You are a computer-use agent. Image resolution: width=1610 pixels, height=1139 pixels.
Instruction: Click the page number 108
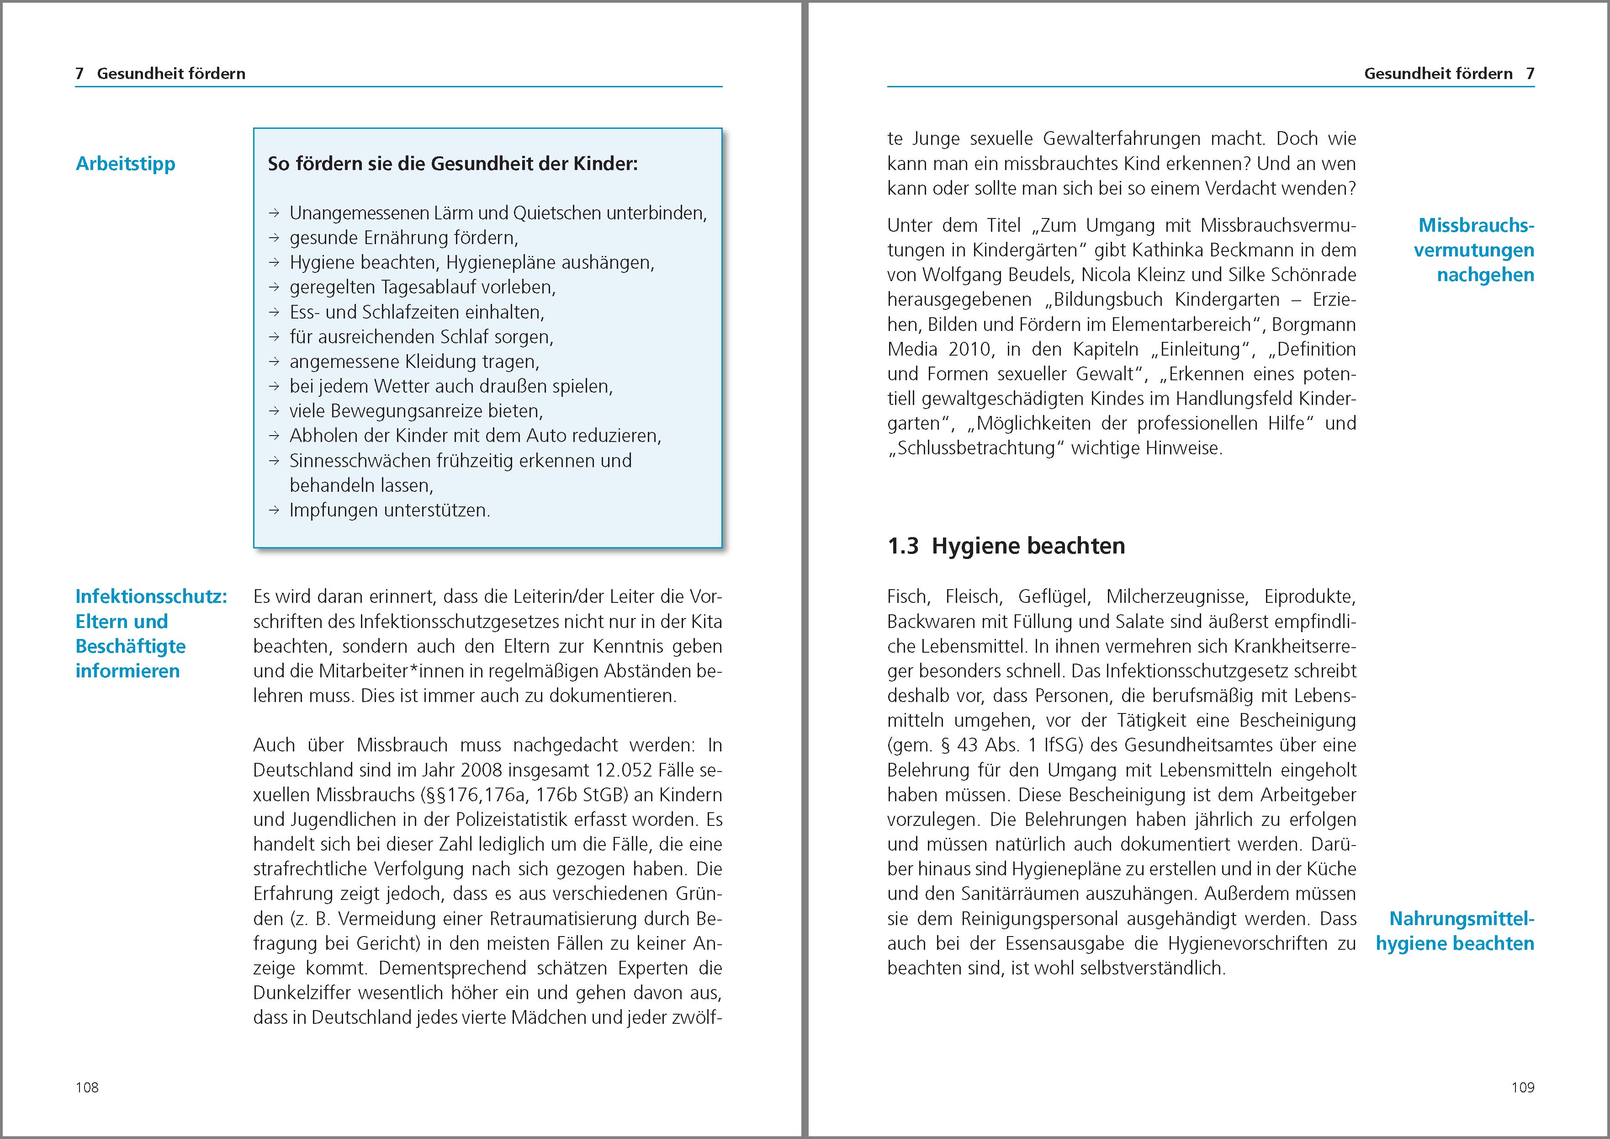tap(87, 1087)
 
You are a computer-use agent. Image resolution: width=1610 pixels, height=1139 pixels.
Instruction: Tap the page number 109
tap(1522, 1087)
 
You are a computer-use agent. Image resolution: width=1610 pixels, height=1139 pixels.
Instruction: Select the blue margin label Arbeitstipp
tap(126, 164)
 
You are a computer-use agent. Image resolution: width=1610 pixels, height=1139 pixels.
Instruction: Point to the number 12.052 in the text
tap(620, 770)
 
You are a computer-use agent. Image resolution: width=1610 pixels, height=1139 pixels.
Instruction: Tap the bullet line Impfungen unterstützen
tap(389, 510)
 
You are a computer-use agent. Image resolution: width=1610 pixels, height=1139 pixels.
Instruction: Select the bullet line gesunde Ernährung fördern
tap(403, 238)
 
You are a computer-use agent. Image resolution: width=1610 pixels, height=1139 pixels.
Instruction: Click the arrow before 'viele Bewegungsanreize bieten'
tap(274, 411)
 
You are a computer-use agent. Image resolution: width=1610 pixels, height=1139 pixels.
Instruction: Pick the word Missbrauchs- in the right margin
tap(1476, 225)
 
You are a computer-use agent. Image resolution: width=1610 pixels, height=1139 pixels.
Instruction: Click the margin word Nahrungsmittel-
tap(1462, 919)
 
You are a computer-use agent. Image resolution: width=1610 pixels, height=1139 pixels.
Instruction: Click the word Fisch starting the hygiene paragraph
tap(907, 597)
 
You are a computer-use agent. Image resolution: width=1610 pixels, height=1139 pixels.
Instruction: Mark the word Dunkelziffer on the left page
tap(297, 993)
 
